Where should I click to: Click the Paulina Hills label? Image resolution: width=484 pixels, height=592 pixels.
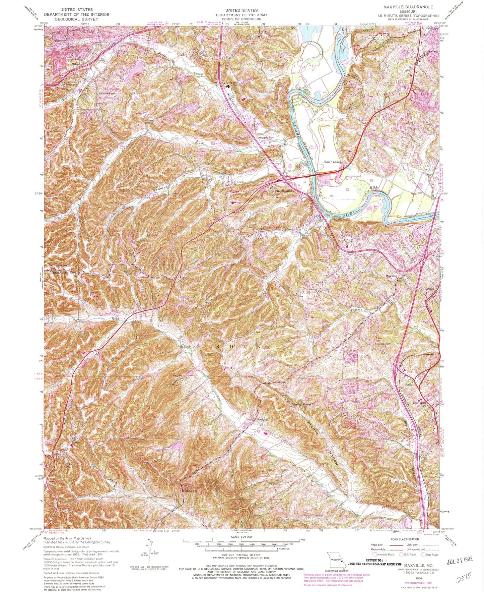pyautogui.click(x=283, y=191)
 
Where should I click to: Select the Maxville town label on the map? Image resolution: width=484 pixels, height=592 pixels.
pyautogui.click(x=391, y=276)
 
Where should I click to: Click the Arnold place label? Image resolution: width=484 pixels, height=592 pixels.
pyautogui.click(x=429, y=289)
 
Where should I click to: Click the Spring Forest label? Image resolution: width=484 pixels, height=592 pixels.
pyautogui.click(x=302, y=404)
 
